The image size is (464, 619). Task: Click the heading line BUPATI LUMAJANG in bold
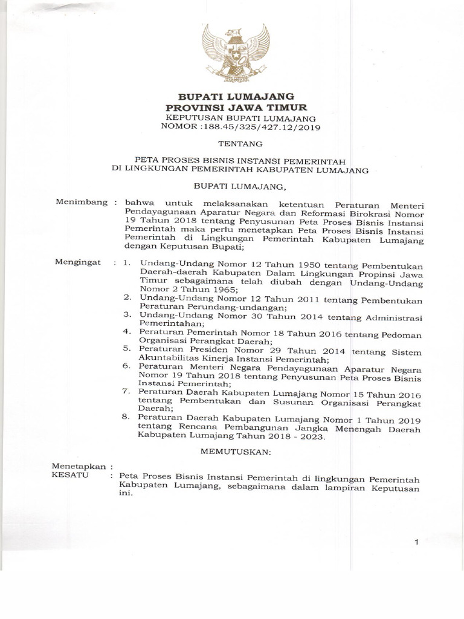click(x=235, y=96)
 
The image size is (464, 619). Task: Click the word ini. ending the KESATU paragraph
click(x=125, y=492)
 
